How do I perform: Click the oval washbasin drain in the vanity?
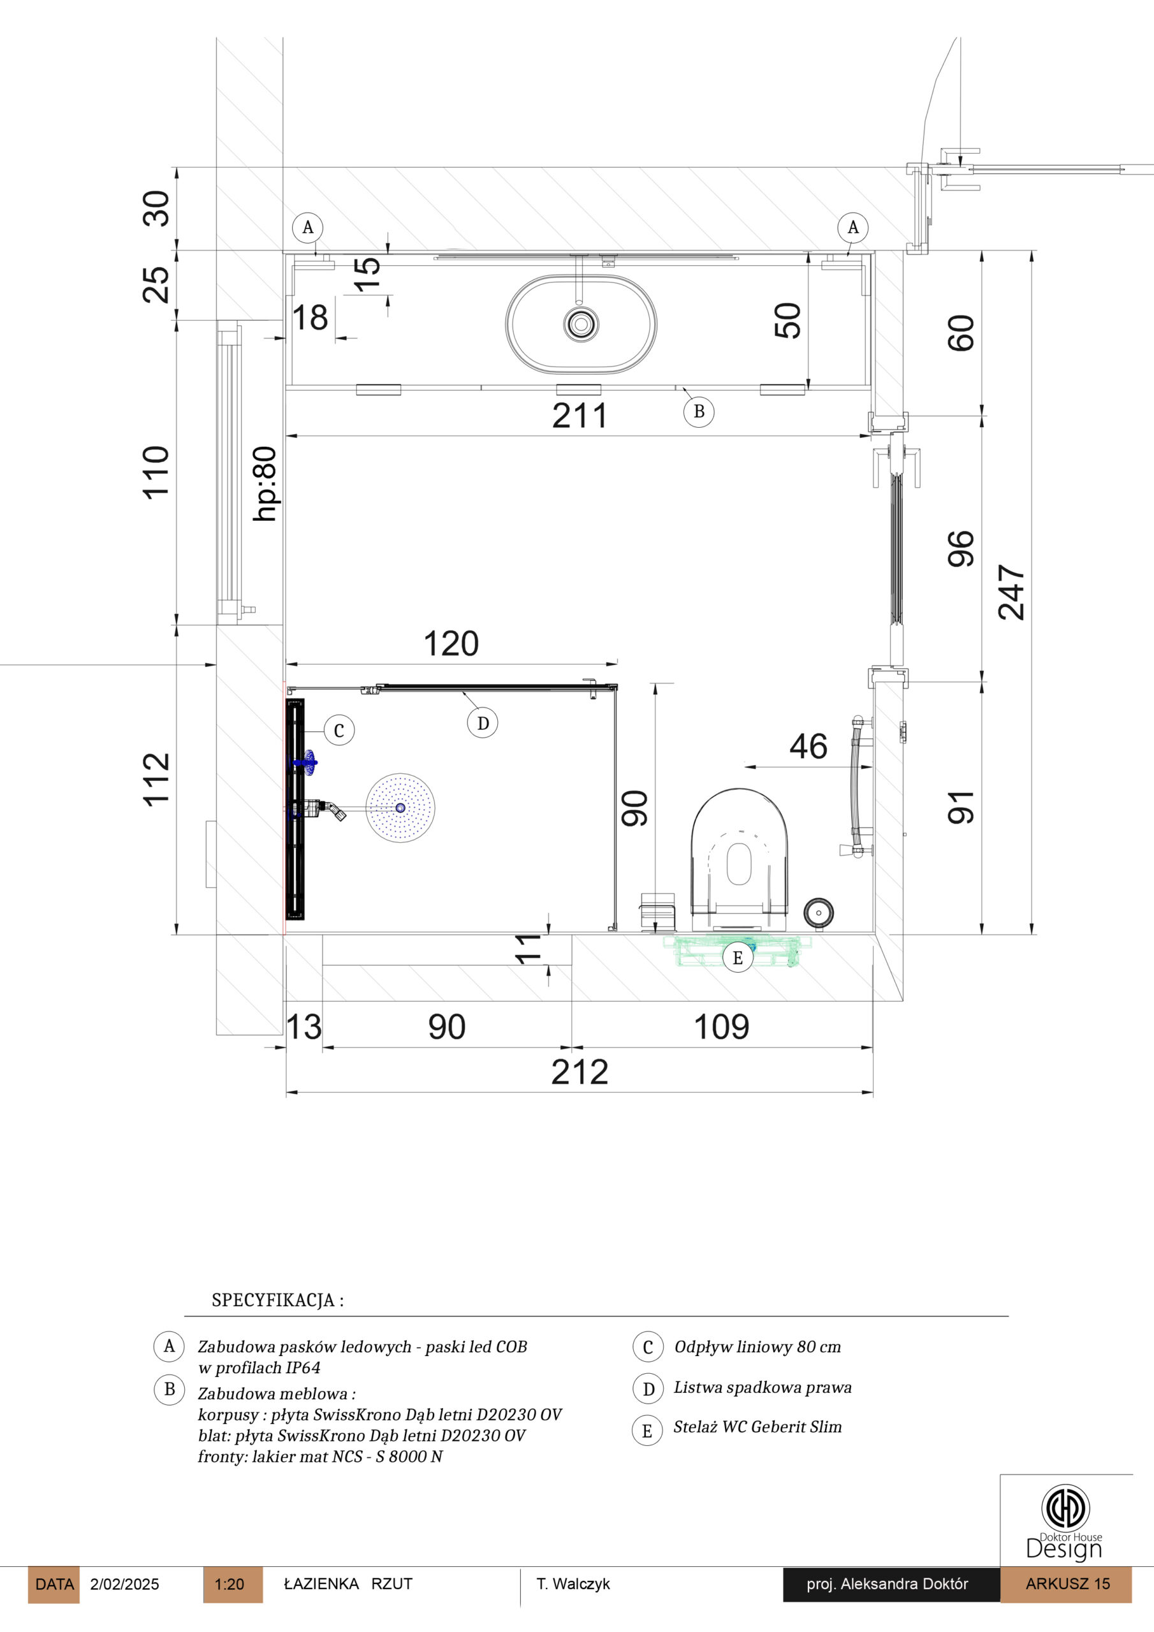tap(581, 324)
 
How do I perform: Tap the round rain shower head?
tap(400, 808)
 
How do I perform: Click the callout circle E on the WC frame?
tap(737, 958)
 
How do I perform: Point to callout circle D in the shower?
tap(483, 723)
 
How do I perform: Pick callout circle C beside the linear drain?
tap(339, 730)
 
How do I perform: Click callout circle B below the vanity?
tap(699, 411)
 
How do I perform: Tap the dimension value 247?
tap(1011, 592)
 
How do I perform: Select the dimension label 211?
tap(580, 416)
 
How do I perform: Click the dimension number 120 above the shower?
tap(451, 643)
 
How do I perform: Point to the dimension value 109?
tap(722, 1027)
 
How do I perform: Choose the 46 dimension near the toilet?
tap(808, 747)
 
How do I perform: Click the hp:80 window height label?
tap(265, 483)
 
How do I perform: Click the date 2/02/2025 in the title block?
tap(124, 1584)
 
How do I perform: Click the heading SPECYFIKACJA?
tap(278, 1300)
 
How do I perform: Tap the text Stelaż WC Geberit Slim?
tap(758, 1427)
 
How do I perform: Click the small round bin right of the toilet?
tap(819, 912)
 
